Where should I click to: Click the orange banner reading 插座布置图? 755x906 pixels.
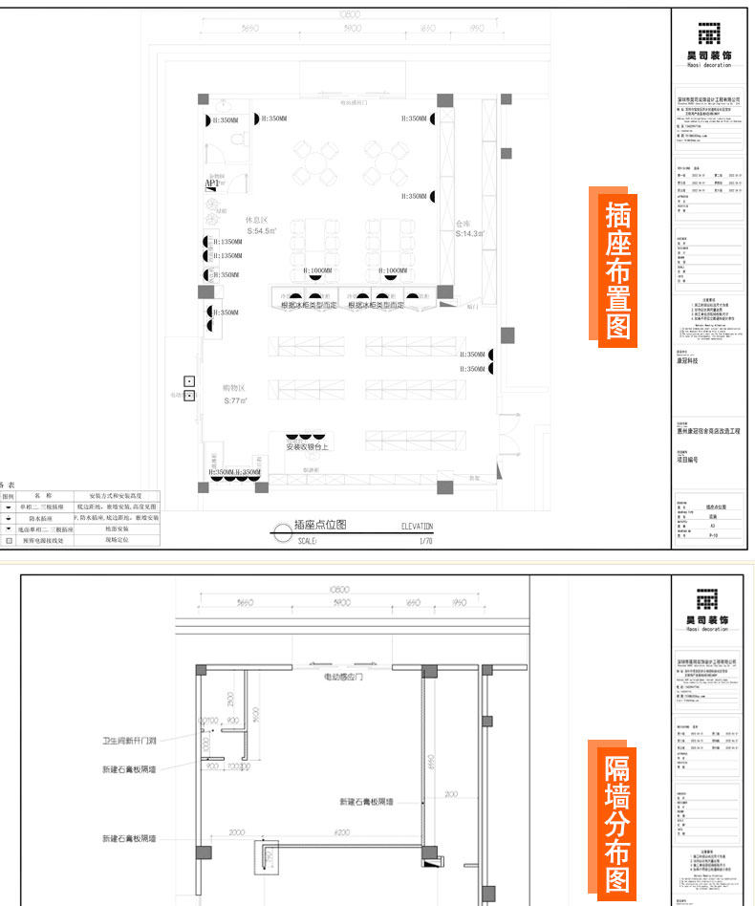pos(618,270)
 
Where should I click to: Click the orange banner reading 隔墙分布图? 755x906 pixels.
pos(618,824)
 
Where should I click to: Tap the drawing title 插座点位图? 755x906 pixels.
pos(319,525)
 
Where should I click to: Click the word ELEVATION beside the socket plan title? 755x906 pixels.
pos(417,526)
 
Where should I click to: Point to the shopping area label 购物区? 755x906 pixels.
pos(234,388)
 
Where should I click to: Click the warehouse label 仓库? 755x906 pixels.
pos(465,223)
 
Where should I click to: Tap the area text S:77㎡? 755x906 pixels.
pos(235,401)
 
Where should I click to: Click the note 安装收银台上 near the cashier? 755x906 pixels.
pos(308,446)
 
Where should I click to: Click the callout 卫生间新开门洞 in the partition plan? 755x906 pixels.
pos(130,740)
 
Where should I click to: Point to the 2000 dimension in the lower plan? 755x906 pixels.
pos(237,832)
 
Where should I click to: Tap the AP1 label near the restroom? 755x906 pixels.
pos(211,183)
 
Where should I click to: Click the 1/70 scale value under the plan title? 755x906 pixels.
pos(425,541)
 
